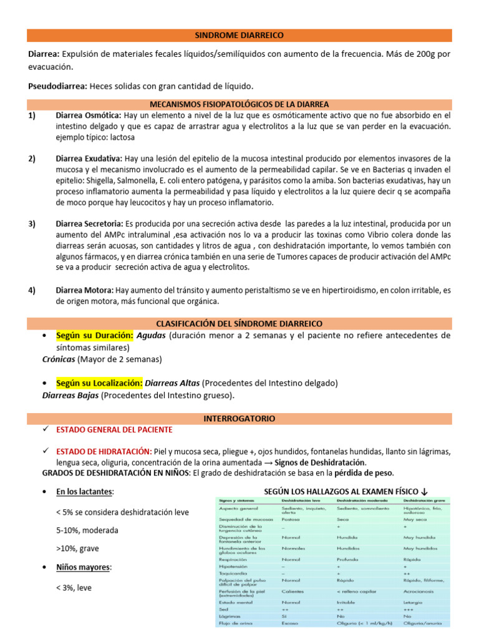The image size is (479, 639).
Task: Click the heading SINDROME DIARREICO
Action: [x=239, y=36]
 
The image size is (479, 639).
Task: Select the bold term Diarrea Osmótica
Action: [x=89, y=115]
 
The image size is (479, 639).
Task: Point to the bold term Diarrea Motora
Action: [x=84, y=290]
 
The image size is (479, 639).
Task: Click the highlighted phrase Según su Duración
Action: [x=94, y=335]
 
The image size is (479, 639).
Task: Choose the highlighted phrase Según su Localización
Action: [x=99, y=383]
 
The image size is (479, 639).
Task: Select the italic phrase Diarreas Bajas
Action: [x=70, y=395]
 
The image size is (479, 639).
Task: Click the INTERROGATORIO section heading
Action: [x=239, y=418]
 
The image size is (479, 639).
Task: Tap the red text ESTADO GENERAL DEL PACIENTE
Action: [x=114, y=430]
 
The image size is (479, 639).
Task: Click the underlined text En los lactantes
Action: [x=85, y=492]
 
